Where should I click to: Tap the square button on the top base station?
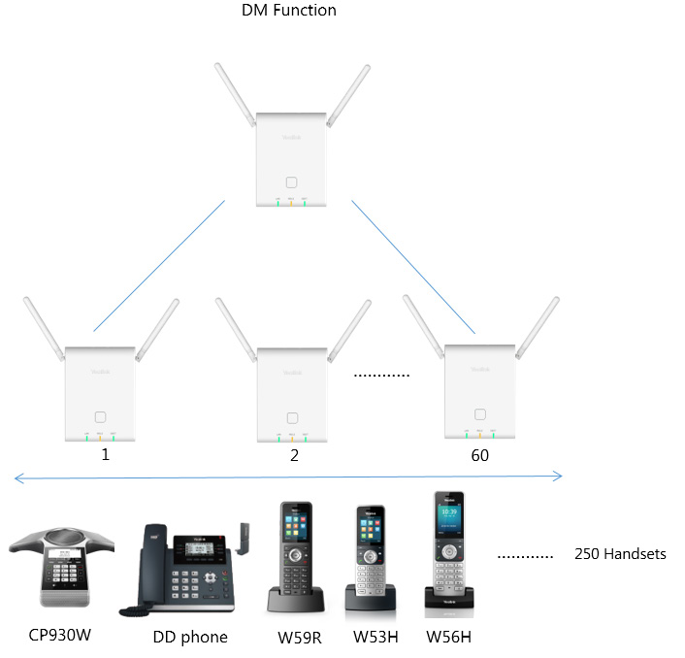point(292,181)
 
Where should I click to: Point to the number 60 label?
point(479,454)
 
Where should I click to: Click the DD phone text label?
point(190,637)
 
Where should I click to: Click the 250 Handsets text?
point(620,554)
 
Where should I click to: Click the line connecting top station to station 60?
point(412,266)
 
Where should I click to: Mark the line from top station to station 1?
point(159,266)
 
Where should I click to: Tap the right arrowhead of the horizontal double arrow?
point(558,476)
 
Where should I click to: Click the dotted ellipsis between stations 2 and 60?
point(381,375)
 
